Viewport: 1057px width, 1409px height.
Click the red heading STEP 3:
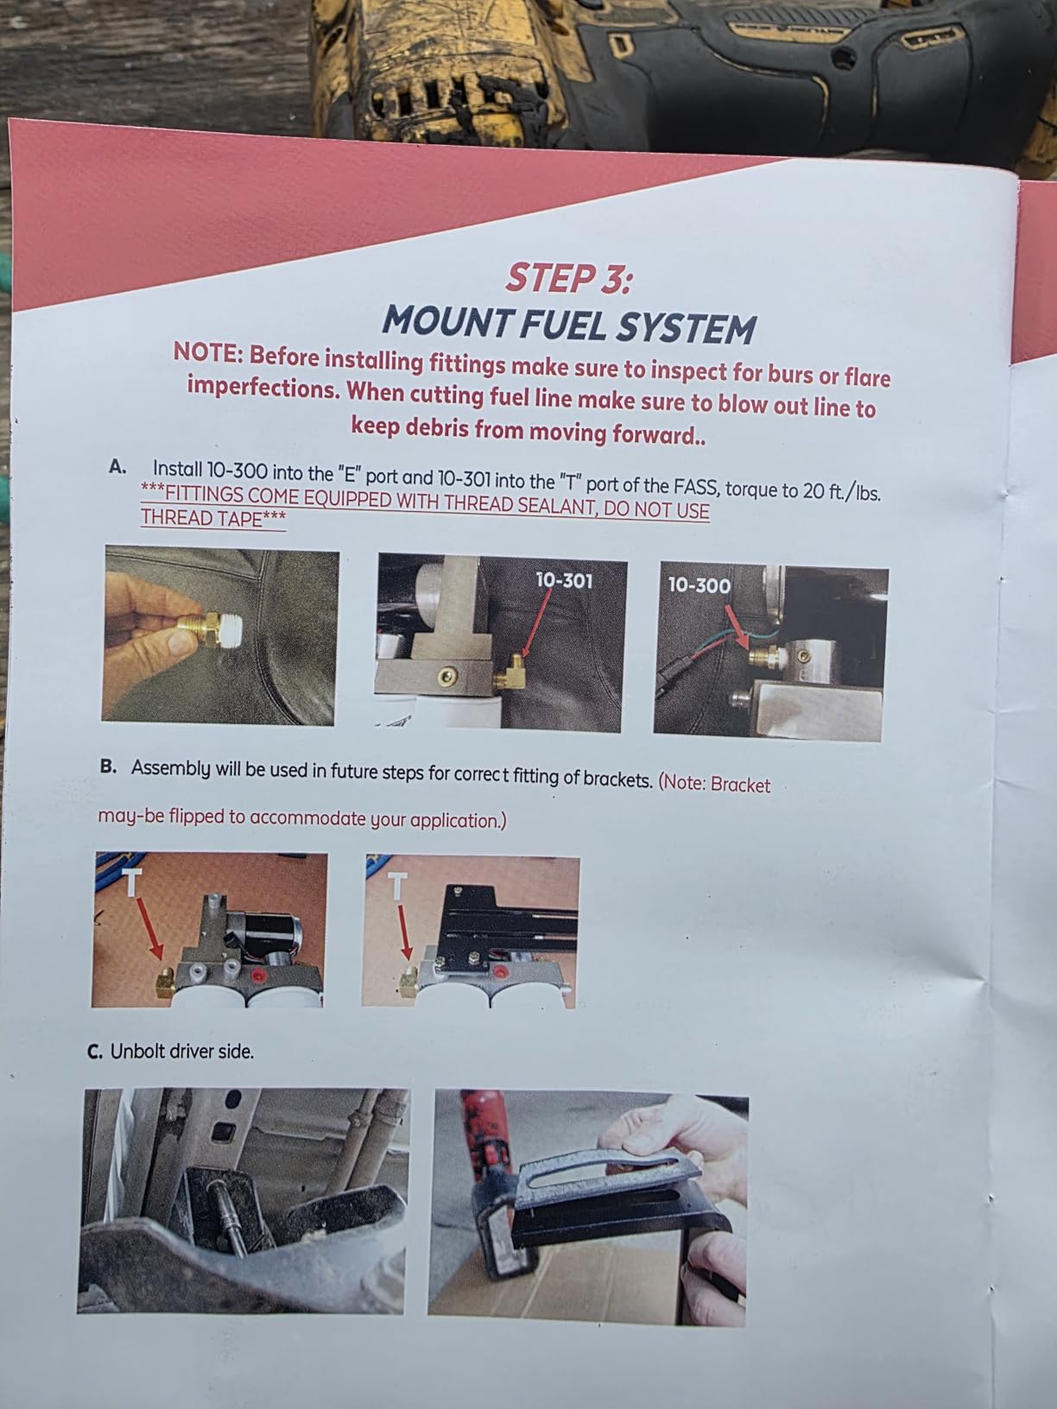pyautogui.click(x=568, y=279)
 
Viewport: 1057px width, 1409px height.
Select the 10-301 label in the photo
pyautogui.click(x=564, y=581)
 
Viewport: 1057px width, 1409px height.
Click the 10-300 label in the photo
pyautogui.click(x=699, y=585)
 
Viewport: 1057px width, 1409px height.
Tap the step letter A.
pyautogui.click(x=117, y=467)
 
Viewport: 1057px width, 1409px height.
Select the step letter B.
pyautogui.click(x=108, y=767)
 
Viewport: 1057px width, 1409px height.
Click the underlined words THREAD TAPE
pyautogui.click(x=201, y=517)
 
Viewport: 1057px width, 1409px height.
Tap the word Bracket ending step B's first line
pyautogui.click(x=741, y=785)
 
